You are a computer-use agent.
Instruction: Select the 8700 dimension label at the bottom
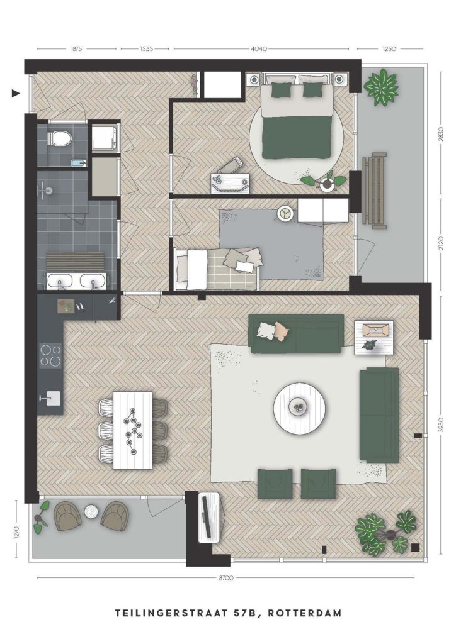(x=226, y=577)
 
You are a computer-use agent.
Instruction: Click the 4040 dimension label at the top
(x=259, y=48)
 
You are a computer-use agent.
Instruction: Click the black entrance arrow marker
(x=16, y=94)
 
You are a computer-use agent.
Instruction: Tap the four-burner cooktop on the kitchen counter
(x=50, y=355)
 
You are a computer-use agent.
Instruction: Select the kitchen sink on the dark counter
(x=51, y=398)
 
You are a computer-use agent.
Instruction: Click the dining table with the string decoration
(x=132, y=430)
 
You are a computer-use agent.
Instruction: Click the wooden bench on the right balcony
(x=375, y=190)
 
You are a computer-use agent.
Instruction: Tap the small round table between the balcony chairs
(x=91, y=512)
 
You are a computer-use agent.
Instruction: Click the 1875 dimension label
(x=76, y=48)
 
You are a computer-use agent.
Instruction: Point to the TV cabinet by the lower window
(x=210, y=518)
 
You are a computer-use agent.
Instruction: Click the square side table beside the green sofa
(x=373, y=337)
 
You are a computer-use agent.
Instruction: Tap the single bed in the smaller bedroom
(x=216, y=269)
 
